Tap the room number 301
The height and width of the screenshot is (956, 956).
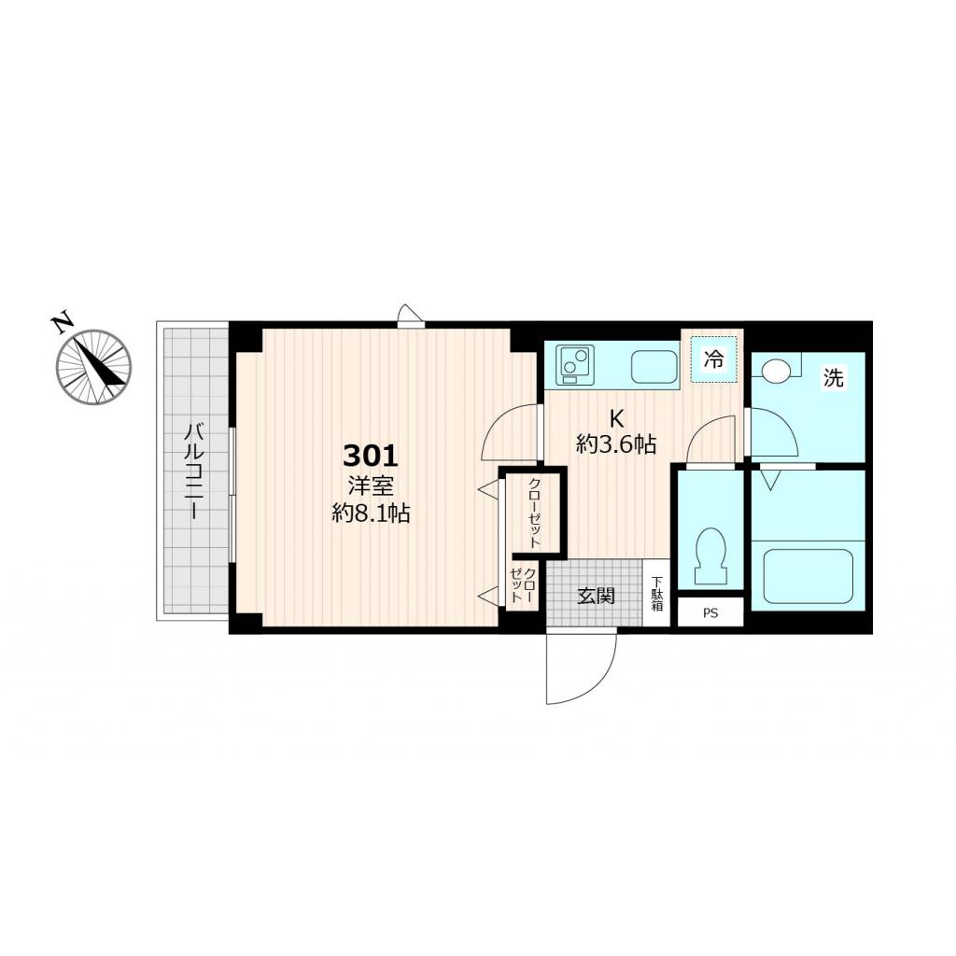click(371, 455)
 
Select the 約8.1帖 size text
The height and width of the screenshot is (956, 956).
click(371, 513)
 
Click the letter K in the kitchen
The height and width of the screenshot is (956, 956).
click(616, 418)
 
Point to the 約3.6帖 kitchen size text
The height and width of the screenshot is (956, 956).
click(616, 444)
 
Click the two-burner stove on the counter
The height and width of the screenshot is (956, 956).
click(574, 364)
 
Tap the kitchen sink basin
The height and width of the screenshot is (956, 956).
click(654, 366)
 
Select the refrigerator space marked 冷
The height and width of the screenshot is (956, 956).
click(713, 359)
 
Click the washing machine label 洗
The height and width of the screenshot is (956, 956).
click(833, 378)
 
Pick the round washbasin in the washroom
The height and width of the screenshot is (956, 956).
click(775, 370)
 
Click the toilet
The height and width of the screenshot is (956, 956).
click(710, 555)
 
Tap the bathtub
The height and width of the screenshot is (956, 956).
click(808, 575)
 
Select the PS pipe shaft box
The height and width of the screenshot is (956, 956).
click(710, 612)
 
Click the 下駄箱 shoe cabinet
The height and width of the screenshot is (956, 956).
click(656, 593)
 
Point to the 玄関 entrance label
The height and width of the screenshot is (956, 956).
click(597, 596)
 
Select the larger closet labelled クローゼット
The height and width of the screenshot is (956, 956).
click(534, 513)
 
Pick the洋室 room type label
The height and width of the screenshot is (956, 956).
click(371, 485)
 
